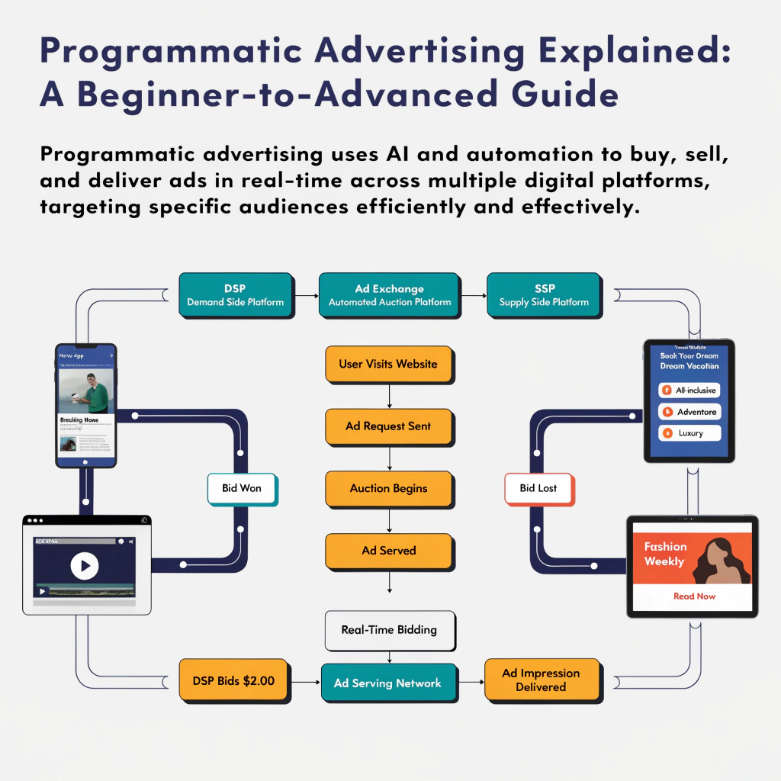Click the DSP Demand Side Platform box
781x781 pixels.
click(235, 295)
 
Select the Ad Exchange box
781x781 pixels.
click(389, 295)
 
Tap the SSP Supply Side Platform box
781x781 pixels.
click(544, 295)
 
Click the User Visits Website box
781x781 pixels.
click(388, 364)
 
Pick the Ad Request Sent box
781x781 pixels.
click(388, 426)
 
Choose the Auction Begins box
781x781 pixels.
click(388, 488)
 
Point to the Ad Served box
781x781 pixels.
click(388, 550)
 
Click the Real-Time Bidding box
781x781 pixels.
click(389, 630)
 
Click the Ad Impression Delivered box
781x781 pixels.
click(541, 680)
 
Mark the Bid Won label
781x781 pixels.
click(241, 488)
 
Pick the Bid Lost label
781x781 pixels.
click(538, 488)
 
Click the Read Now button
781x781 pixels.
click(694, 596)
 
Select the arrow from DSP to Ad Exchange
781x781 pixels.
click(306, 295)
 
